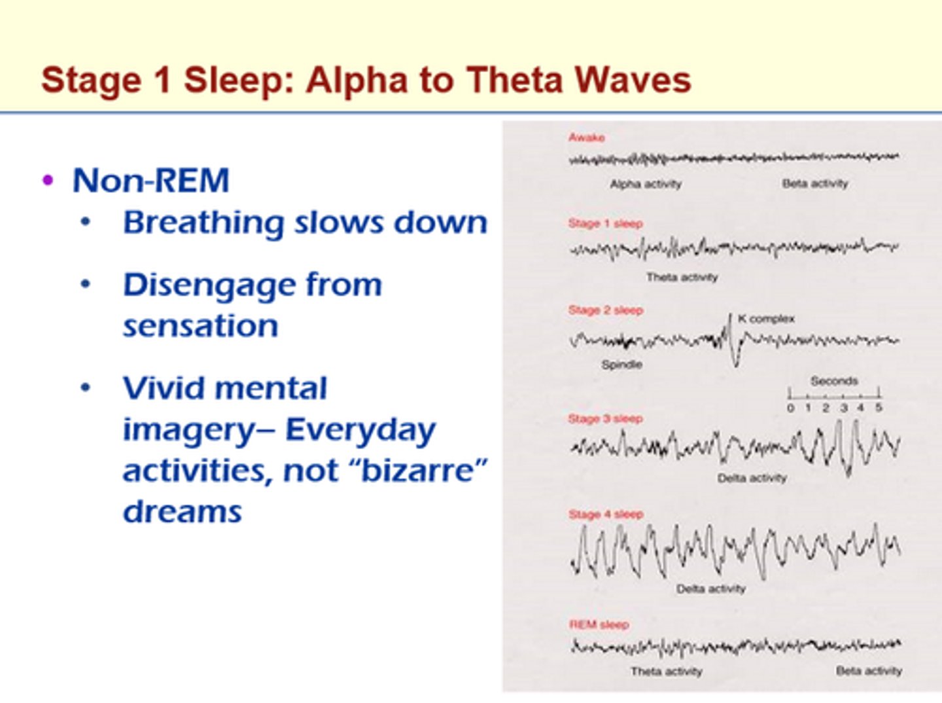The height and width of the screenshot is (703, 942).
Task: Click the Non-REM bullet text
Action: click(150, 181)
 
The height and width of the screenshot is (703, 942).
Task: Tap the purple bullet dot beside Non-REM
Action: click(47, 179)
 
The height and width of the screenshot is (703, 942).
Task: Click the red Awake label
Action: click(586, 137)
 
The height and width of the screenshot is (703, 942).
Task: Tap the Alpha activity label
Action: click(645, 184)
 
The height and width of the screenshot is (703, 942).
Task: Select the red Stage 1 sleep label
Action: click(605, 224)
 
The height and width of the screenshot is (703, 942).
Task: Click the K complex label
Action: click(766, 319)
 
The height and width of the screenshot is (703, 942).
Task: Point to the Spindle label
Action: click(621, 365)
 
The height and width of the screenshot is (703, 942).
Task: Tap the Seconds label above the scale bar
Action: click(834, 381)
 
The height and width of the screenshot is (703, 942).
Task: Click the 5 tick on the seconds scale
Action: click(879, 407)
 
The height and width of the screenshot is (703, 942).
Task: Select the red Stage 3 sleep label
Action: click(605, 418)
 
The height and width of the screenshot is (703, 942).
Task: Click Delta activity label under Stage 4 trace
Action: click(710, 589)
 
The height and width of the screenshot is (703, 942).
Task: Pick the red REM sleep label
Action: click(599, 624)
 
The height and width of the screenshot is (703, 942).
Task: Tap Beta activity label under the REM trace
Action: click(869, 671)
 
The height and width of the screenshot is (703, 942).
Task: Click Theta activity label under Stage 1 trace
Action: click(682, 278)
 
